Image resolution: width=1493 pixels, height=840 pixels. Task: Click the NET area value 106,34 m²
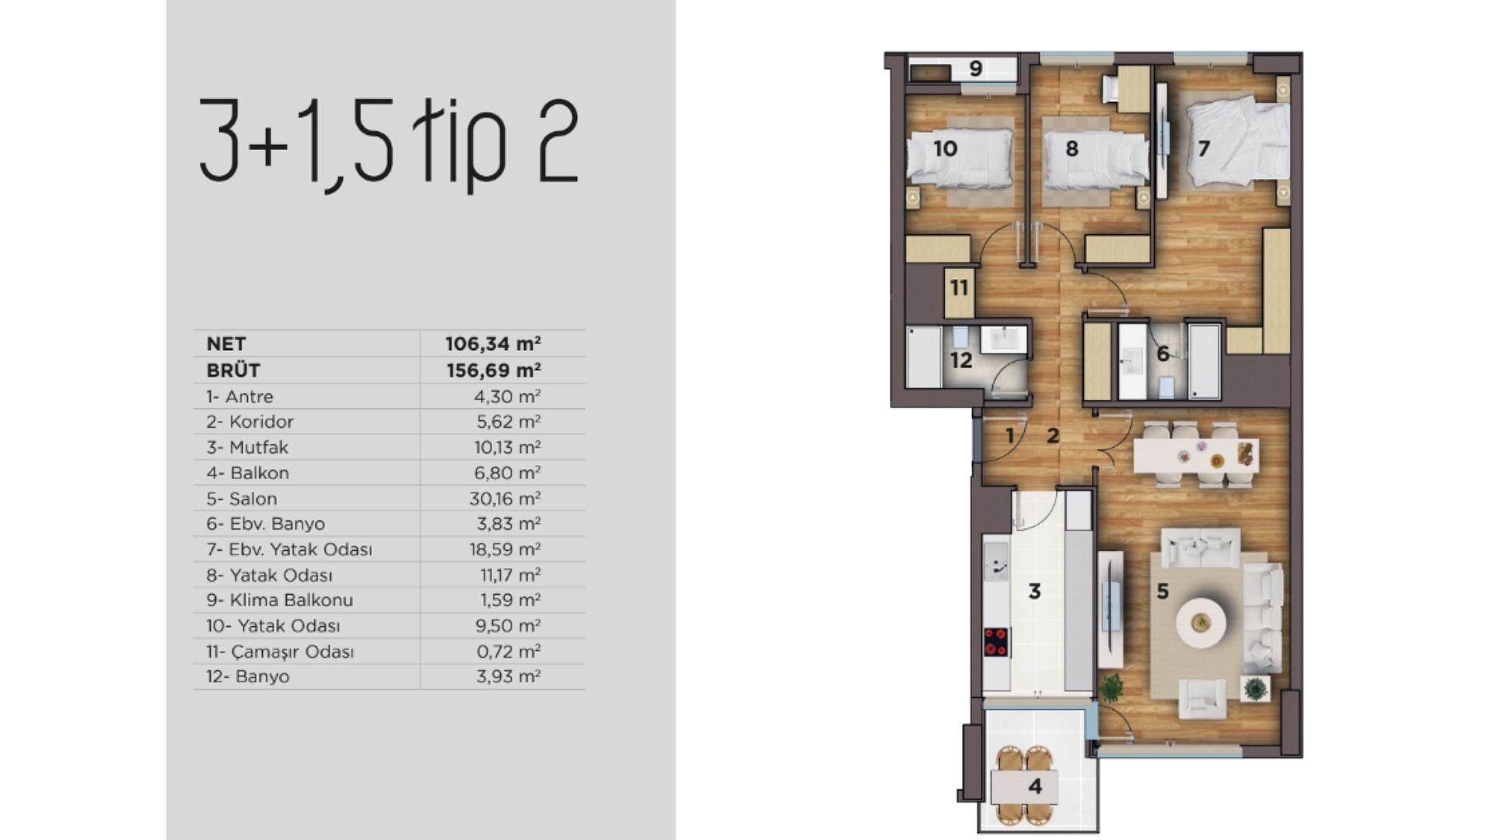point(493,344)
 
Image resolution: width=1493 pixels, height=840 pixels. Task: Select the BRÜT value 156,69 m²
point(493,370)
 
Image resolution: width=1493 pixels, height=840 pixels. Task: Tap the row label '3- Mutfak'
point(247,447)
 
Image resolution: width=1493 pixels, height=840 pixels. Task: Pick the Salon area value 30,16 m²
point(505,499)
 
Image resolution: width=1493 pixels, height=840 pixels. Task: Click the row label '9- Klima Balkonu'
point(280,600)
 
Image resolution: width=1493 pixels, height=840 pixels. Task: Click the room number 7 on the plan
point(1204,148)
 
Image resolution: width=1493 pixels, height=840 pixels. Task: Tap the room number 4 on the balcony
point(1035,786)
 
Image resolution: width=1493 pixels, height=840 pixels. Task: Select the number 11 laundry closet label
point(959,289)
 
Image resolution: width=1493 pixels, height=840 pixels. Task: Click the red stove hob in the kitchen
point(995,642)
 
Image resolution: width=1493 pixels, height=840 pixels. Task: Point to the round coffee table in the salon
point(1201,623)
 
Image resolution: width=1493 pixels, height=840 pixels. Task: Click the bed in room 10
point(961,159)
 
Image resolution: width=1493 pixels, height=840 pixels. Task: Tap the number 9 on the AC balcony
point(976,68)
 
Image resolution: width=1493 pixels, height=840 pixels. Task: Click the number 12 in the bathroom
point(961,360)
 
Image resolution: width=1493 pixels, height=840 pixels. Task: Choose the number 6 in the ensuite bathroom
point(1163,354)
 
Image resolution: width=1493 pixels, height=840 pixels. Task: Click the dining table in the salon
point(1195,456)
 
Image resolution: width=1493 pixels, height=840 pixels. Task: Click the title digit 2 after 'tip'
point(558,142)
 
